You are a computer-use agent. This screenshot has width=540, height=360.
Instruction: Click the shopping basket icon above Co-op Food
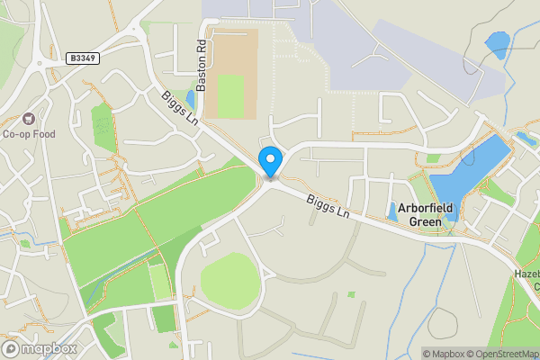pyautogui.click(x=29, y=119)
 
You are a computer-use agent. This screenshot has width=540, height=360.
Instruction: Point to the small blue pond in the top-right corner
pyautogui.click(x=496, y=44)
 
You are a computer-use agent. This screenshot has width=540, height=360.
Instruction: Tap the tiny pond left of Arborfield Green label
pyautogui.click(x=392, y=213)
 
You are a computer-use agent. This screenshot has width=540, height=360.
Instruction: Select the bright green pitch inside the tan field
pyautogui.click(x=230, y=96)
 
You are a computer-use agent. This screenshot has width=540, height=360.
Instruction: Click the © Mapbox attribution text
pyautogui.click(x=447, y=354)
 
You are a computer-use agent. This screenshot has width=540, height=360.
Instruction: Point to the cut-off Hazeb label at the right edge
pyautogui.click(x=527, y=272)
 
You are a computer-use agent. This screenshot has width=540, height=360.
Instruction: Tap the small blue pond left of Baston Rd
pyautogui.click(x=190, y=98)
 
